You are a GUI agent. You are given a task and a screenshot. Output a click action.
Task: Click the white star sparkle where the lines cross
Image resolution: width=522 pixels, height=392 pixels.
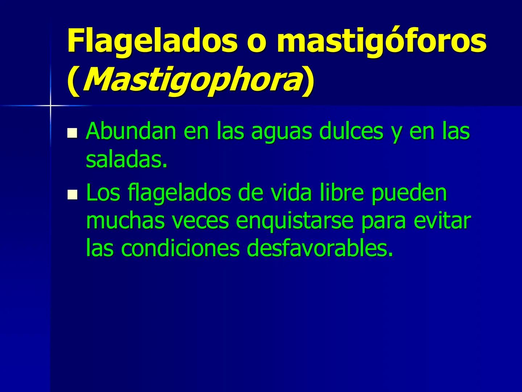coord(50,106)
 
